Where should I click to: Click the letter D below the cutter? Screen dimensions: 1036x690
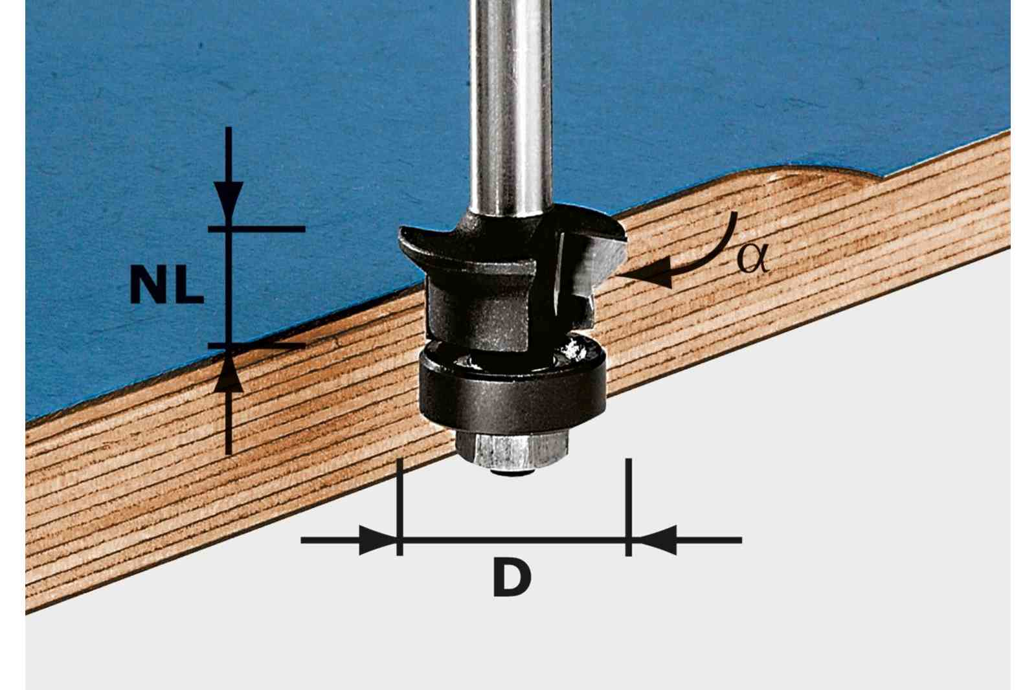coord(512,577)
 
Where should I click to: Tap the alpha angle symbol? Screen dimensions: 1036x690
coord(752,258)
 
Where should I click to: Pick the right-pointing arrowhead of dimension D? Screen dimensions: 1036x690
coord(377,540)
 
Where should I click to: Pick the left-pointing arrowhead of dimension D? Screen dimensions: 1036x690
coord(657,540)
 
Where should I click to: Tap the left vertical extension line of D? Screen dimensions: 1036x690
coord(400,507)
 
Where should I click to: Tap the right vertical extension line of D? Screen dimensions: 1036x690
coord(628,507)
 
